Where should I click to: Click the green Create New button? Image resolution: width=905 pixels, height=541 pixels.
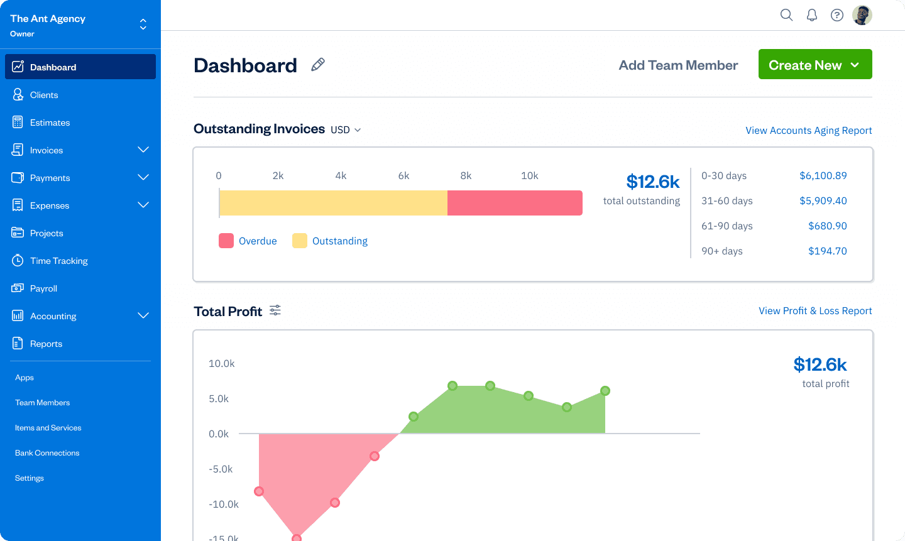814,65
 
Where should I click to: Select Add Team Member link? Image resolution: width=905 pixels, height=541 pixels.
678,65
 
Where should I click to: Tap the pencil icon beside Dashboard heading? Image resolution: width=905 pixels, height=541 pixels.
318,65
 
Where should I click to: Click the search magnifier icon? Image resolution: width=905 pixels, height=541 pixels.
786,15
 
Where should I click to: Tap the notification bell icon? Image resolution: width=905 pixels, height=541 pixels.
812,15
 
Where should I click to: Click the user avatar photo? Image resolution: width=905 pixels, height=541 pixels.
862,15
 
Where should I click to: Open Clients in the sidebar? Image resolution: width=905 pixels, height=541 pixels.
44,95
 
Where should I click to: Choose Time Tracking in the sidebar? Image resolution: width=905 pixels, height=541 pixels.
58,261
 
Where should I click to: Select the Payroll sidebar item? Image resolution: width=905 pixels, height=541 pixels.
43,288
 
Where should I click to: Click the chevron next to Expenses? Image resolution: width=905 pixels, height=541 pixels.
143,205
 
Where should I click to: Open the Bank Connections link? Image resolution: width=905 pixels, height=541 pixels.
47,453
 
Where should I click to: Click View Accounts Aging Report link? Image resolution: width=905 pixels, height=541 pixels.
808,131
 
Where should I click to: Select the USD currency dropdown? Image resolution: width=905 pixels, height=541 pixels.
346,130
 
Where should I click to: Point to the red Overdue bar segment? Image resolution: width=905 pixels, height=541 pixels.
515,203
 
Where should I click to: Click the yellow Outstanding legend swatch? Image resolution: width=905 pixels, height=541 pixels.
300,241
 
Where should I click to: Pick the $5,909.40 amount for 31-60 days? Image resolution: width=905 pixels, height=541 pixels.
823,201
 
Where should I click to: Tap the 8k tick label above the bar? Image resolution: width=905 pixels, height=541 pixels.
466,176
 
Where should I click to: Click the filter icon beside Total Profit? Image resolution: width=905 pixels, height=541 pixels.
275,310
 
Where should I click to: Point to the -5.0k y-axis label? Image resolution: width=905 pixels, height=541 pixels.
221,469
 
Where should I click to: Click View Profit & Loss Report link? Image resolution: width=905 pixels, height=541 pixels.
815,311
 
